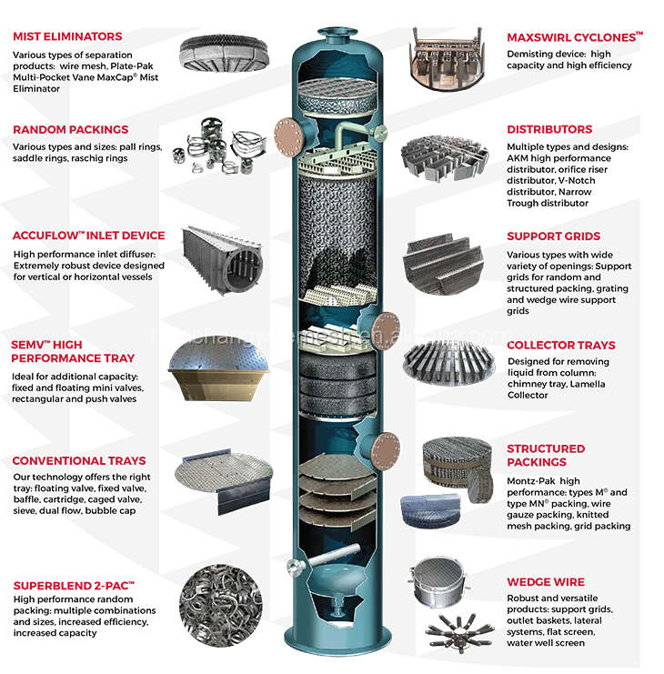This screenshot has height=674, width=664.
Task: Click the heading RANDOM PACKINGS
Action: pos(70,130)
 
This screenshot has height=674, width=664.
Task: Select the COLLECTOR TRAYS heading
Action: pos(560,346)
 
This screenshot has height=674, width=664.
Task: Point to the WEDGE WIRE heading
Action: pos(546,582)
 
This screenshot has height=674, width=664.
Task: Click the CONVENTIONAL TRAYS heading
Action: pos(78,461)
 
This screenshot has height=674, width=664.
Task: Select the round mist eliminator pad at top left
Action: pos(224,52)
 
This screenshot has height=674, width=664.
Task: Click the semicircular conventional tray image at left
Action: pos(223,474)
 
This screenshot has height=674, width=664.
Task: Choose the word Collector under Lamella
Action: pos(528,395)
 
